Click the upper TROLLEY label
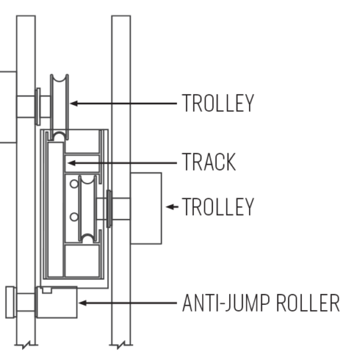[x=218, y=103]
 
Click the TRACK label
[x=208, y=162]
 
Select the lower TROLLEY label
[x=218, y=207]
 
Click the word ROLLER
[x=308, y=303]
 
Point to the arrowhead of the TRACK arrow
[x=71, y=163]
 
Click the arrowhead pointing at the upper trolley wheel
[x=74, y=103]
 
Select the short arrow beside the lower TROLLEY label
[x=172, y=207]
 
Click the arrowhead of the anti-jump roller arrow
[x=83, y=303]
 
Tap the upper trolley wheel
[x=60, y=107]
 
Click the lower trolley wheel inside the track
[x=88, y=208]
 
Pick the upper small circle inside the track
[x=74, y=184]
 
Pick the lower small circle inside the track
[x=74, y=218]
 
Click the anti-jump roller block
[x=57, y=303]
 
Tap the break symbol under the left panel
[x=26, y=345]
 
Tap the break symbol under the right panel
[x=121, y=345]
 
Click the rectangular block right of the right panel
[x=146, y=208]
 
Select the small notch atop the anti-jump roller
[x=47, y=290]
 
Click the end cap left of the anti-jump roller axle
[x=11, y=303]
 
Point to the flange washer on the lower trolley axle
[x=109, y=208]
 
